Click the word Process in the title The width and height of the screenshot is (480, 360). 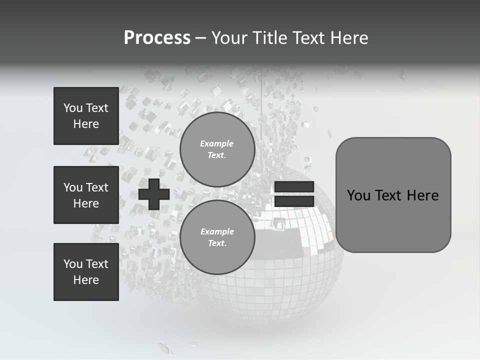tap(157, 38)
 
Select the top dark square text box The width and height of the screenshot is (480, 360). tap(86, 116)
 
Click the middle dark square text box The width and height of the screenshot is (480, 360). tap(86, 195)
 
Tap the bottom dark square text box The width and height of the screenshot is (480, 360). tap(86, 272)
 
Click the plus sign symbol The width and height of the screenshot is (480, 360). tap(154, 194)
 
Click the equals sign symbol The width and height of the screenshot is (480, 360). tap(294, 194)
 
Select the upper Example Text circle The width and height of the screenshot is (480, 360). tap(217, 149)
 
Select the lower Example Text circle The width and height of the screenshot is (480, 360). tap(217, 237)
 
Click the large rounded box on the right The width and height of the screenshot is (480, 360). tap(393, 194)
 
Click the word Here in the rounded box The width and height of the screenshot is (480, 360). tap(422, 195)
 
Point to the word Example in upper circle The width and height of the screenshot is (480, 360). tap(217, 143)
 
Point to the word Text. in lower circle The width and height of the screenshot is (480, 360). tap(217, 243)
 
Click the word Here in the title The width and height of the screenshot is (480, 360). tap(348, 38)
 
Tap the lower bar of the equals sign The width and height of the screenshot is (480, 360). tap(294, 201)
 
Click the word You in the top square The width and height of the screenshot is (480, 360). tap(72, 108)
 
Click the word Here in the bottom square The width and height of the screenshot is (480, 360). tap(86, 280)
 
